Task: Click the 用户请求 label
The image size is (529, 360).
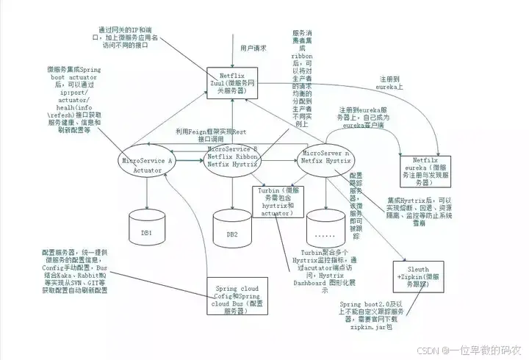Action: [253, 48]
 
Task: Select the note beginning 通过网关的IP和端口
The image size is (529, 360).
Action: [127, 31]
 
